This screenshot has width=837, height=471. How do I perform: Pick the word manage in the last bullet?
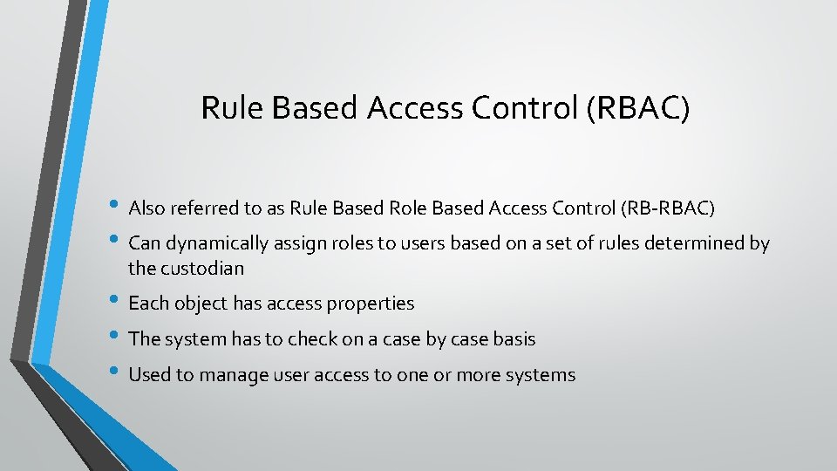click(x=228, y=375)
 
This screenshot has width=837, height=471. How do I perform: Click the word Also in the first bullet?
click(x=146, y=208)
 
